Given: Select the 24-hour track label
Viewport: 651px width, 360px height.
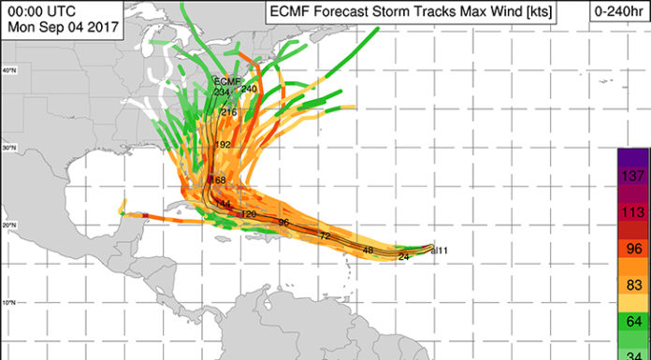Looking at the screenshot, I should [x=405, y=255].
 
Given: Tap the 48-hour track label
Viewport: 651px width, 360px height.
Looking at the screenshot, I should [x=368, y=251].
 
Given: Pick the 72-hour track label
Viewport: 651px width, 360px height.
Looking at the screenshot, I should [x=325, y=236].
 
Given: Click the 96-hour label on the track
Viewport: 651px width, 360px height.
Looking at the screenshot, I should [x=283, y=223].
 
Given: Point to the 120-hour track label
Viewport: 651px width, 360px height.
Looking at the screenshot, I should [x=249, y=214].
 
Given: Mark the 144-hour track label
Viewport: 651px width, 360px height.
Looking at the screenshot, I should [x=223, y=204].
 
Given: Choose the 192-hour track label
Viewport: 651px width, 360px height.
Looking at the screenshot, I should [x=223, y=145].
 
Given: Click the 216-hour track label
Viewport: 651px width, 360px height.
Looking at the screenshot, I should [x=228, y=111].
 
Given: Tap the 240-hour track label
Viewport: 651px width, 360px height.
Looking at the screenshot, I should [x=249, y=89].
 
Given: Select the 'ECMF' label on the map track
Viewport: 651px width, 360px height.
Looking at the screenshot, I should [x=227, y=80].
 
